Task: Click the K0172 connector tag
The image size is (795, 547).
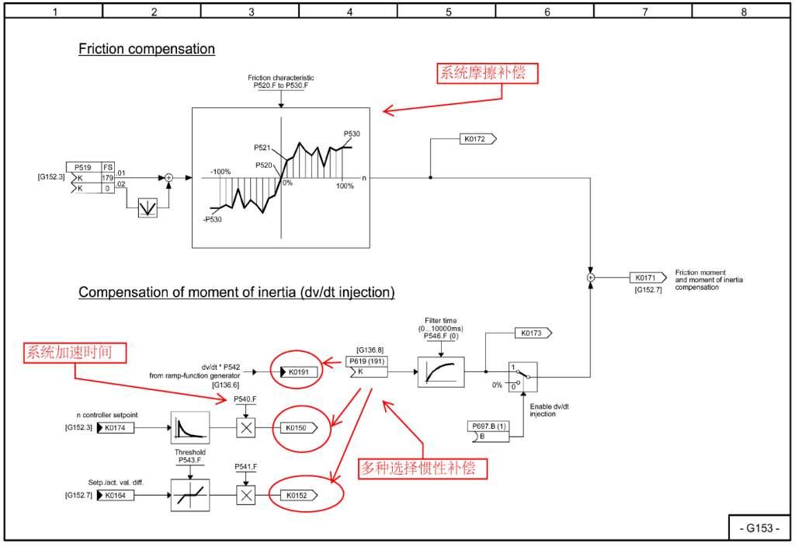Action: pos(477,138)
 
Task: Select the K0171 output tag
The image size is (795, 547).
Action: pos(648,277)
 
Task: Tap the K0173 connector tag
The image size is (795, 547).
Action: pos(533,333)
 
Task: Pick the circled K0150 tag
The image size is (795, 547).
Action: pos(299,428)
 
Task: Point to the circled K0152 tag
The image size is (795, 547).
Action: pos(299,495)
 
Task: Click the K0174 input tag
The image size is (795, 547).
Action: pos(115,428)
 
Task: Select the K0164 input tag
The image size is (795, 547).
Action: pos(115,495)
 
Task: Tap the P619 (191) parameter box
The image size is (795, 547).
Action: pos(366,367)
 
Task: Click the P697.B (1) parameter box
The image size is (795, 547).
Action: pos(488,431)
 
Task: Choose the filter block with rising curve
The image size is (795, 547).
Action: pos(441,372)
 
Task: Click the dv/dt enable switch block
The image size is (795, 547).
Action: pos(522,377)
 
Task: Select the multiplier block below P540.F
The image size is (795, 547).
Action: pos(246,428)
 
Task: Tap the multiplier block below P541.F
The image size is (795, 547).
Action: pos(246,495)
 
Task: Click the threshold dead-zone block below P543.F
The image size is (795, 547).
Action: pos(190,495)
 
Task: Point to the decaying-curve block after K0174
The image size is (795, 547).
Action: pos(190,428)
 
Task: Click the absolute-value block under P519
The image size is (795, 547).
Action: pos(148,207)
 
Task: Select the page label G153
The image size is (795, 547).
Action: pos(759,528)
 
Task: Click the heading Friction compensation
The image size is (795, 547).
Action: pos(147,49)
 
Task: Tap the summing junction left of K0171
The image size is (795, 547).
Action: pos(590,277)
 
